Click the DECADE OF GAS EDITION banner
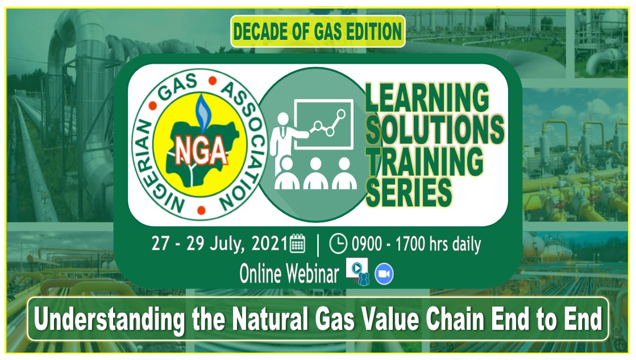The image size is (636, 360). (x=318, y=31)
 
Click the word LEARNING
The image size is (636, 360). (x=427, y=98)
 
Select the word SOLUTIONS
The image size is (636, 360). (x=435, y=130)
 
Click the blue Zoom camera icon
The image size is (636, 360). (x=384, y=275)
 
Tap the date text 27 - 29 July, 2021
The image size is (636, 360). (x=219, y=244)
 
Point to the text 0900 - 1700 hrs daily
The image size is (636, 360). (x=416, y=245)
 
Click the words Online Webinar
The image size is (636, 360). (x=289, y=274)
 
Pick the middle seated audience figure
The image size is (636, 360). (x=315, y=173)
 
